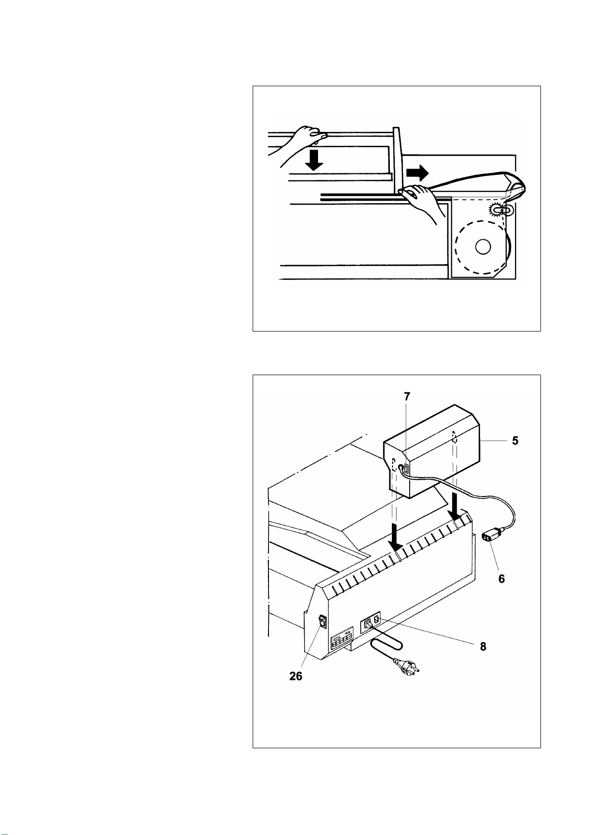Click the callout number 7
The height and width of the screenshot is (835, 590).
pyautogui.click(x=407, y=396)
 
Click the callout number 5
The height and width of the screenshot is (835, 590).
pyautogui.click(x=515, y=441)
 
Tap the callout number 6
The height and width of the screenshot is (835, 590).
pyautogui.click(x=501, y=579)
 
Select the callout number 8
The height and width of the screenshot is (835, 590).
pyautogui.click(x=483, y=646)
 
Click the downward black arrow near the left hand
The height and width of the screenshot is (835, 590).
pyautogui.click(x=314, y=160)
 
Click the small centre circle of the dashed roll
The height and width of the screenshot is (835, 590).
pyautogui.click(x=483, y=246)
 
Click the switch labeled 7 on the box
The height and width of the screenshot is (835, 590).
pyautogui.click(x=406, y=469)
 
